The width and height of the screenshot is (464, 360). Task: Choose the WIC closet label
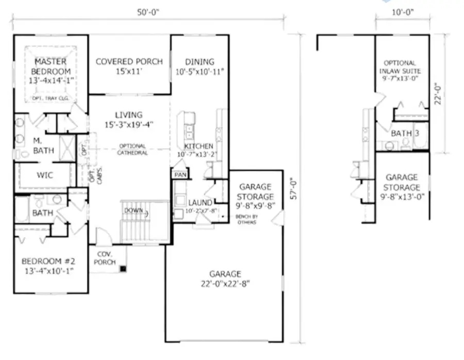click(44, 175)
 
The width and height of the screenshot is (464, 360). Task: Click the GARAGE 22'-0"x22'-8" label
click(225, 279)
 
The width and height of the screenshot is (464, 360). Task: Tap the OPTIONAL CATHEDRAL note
click(132, 150)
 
